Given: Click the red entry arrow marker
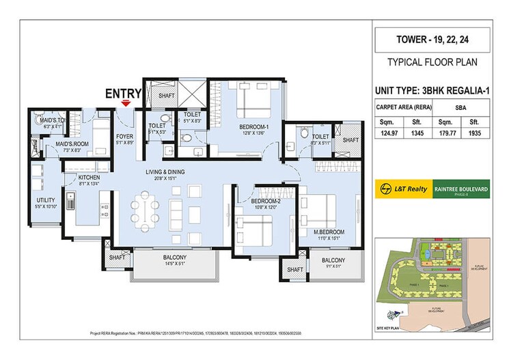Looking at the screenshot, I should (x=125, y=103).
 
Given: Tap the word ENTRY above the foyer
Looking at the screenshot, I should (x=123, y=94).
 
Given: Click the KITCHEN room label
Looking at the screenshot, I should (x=90, y=177).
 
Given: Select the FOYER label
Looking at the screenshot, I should (x=124, y=137).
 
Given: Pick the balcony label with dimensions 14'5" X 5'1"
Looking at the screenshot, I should (x=175, y=259).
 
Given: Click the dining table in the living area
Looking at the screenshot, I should (x=146, y=212).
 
